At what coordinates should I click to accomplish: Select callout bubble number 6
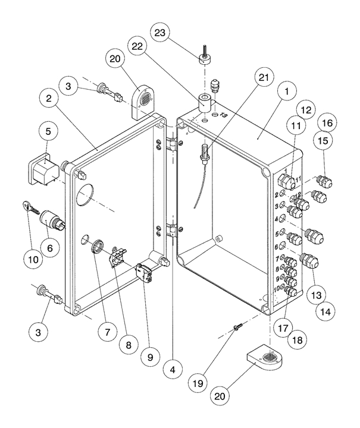coord(49,244)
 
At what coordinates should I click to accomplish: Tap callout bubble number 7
coord(107,332)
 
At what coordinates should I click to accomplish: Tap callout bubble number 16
coord(327,124)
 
